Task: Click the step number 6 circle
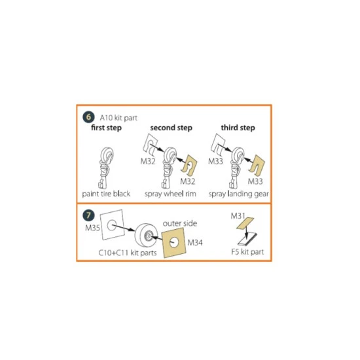pos(88,117)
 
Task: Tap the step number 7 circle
pos(88,215)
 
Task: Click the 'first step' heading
pos(106,128)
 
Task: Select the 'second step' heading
pos(171,128)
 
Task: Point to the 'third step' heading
pos(238,128)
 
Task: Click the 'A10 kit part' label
pos(118,118)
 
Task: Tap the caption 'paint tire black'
pos(106,194)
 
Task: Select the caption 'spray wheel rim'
pos(170,194)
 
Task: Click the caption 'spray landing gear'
pos(238,194)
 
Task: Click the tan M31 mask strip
pos(245,223)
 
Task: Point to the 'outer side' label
pos(180,223)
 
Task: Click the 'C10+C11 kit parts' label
pos(128,253)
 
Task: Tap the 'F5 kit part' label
pos(247,252)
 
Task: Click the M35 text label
pos(92,228)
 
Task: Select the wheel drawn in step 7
pos(146,234)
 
